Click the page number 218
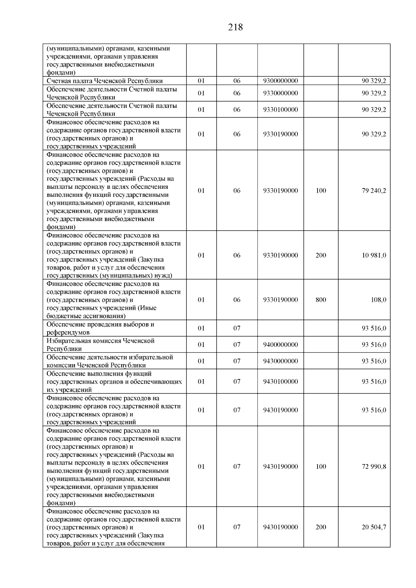(x=235, y=27)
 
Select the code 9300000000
(x=280, y=81)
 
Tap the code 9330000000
(x=280, y=93)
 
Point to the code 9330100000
(x=280, y=109)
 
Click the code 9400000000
(x=280, y=345)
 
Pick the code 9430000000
(x=280, y=361)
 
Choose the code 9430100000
(x=280, y=381)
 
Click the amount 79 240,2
(x=374, y=191)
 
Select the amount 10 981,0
(x=374, y=255)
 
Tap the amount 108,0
(x=378, y=300)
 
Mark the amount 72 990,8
(x=374, y=466)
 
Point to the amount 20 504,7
(x=374, y=527)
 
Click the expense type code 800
(x=321, y=300)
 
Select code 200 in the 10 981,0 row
(x=321, y=255)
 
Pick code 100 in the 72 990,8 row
(x=321, y=466)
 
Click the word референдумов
(x=68, y=333)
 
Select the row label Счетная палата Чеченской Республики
(x=105, y=81)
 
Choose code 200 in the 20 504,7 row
(x=321, y=527)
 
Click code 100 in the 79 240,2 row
(x=321, y=191)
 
